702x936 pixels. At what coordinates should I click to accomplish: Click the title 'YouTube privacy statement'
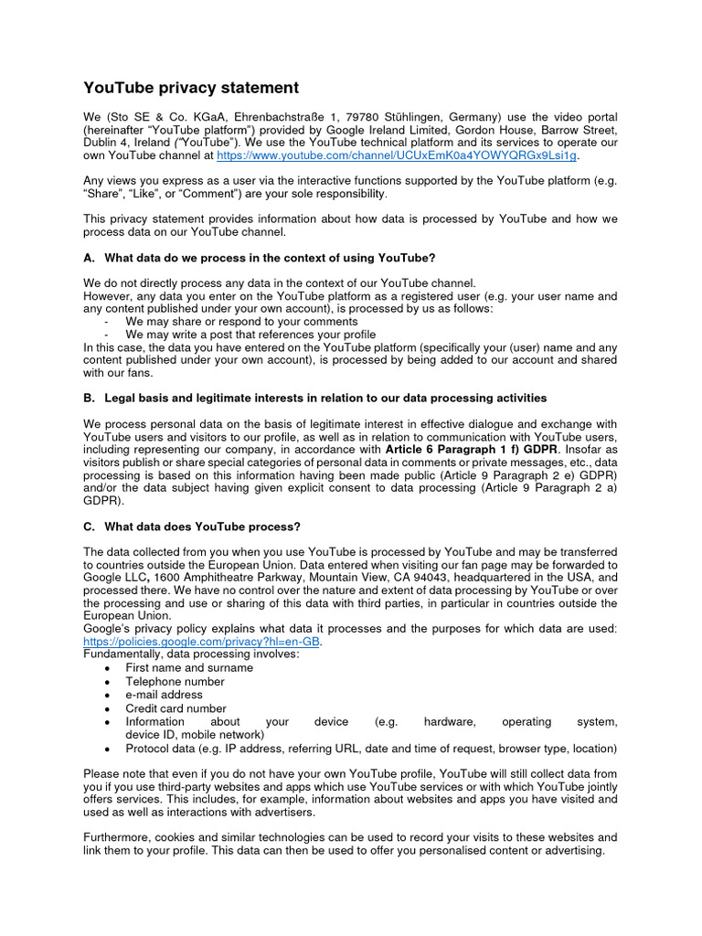click(191, 88)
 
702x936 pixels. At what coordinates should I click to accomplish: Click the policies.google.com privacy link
click(202, 642)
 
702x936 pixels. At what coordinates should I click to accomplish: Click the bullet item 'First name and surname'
click(189, 667)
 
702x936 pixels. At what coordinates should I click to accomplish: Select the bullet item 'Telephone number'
click(175, 681)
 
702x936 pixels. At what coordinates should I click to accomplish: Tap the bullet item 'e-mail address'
click(165, 695)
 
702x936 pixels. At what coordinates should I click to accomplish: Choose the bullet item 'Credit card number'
click(175, 708)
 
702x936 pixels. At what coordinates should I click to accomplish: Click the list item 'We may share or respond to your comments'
click(241, 322)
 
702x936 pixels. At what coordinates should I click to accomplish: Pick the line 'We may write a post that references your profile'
click(250, 335)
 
